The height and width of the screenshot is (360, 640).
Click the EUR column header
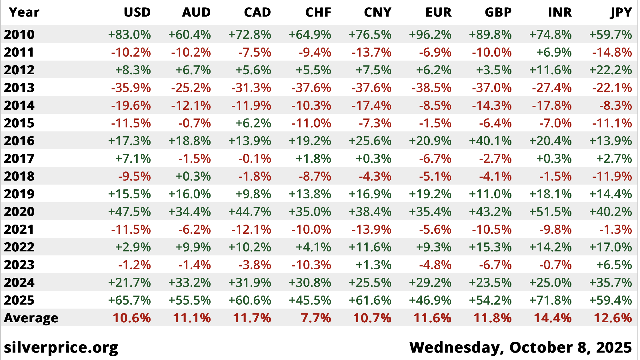point(438,12)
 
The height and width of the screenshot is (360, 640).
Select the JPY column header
point(621,12)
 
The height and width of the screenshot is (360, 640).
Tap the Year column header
point(24,12)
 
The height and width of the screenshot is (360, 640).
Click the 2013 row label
point(19,87)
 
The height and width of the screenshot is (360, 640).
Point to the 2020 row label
point(19,211)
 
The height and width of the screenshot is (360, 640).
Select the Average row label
point(31,318)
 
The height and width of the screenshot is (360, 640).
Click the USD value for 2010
point(129,35)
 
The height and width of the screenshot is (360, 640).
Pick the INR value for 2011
point(554,52)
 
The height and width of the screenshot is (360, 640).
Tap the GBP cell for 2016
point(490,141)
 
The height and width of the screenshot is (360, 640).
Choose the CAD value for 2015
point(253,123)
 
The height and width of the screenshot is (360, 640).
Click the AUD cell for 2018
point(193,176)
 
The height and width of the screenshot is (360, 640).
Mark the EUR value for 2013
point(431,88)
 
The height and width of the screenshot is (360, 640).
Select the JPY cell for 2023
point(614,265)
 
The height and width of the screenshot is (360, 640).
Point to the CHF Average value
point(316,318)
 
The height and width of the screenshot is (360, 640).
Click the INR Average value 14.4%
point(553,318)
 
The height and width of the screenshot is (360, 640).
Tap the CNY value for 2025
point(370,300)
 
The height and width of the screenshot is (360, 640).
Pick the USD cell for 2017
point(133,159)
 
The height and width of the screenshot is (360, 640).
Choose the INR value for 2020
point(551,212)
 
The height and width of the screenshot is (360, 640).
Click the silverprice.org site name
point(61,347)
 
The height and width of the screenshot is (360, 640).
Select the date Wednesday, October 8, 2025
point(520,347)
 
